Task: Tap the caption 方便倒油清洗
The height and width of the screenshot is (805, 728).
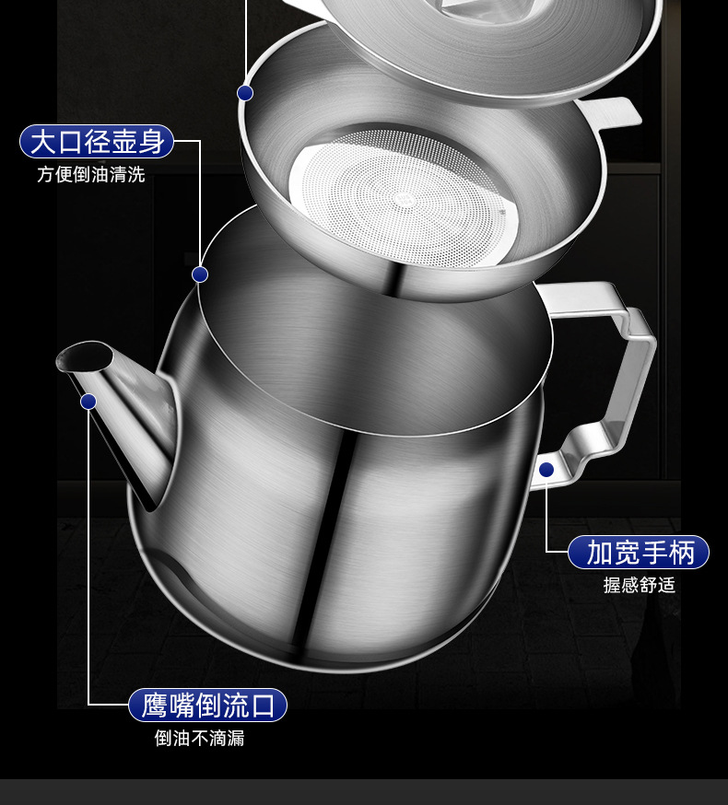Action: [91, 175]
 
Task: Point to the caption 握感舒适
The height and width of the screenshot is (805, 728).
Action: [640, 585]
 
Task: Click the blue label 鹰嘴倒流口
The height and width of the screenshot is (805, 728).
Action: [207, 706]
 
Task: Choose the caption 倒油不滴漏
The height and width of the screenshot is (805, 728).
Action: [200, 739]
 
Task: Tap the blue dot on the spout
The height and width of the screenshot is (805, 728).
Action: [88, 401]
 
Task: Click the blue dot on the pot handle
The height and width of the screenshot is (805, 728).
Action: [546, 470]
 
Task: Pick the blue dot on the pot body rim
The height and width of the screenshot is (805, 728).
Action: [200, 274]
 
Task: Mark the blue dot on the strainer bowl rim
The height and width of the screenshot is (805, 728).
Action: [245, 92]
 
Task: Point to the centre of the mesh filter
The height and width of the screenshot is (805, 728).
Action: [403, 196]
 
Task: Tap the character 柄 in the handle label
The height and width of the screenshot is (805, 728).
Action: [682, 552]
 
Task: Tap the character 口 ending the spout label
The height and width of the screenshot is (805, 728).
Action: [263, 706]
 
